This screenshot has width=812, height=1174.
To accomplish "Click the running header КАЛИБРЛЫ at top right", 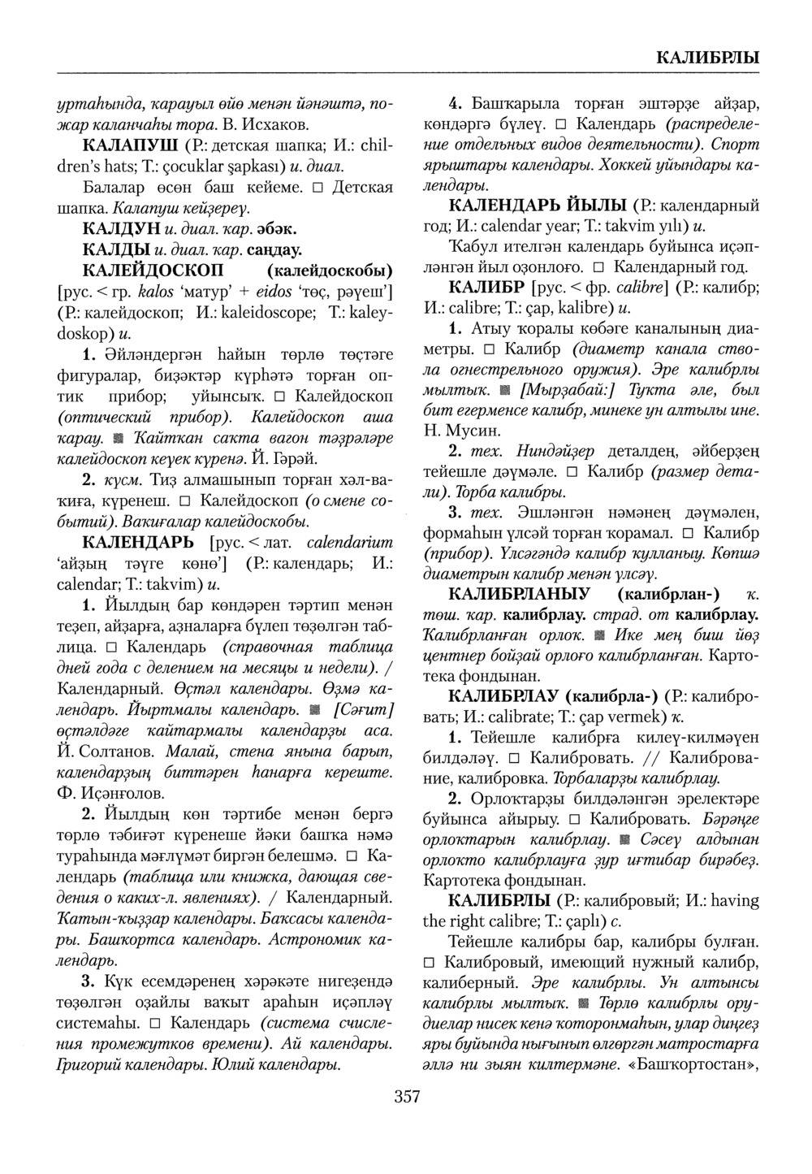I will [706, 58].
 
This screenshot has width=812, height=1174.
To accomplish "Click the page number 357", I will [407, 1098].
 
